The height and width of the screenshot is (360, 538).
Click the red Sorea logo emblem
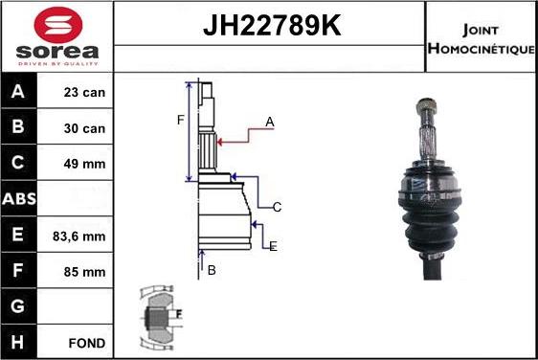click(x=58, y=25)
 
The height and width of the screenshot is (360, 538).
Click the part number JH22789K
click(x=272, y=25)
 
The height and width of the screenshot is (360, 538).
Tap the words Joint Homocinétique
click(x=482, y=39)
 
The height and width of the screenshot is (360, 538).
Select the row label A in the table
click(x=18, y=91)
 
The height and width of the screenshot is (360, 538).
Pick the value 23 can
click(x=84, y=92)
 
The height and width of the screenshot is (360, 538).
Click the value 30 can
click(x=84, y=128)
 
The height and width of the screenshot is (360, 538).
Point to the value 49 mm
click(x=84, y=164)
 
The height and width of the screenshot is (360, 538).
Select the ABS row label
click(x=19, y=199)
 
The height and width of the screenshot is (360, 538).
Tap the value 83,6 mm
click(x=78, y=236)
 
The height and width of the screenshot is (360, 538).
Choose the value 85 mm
click(x=84, y=272)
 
